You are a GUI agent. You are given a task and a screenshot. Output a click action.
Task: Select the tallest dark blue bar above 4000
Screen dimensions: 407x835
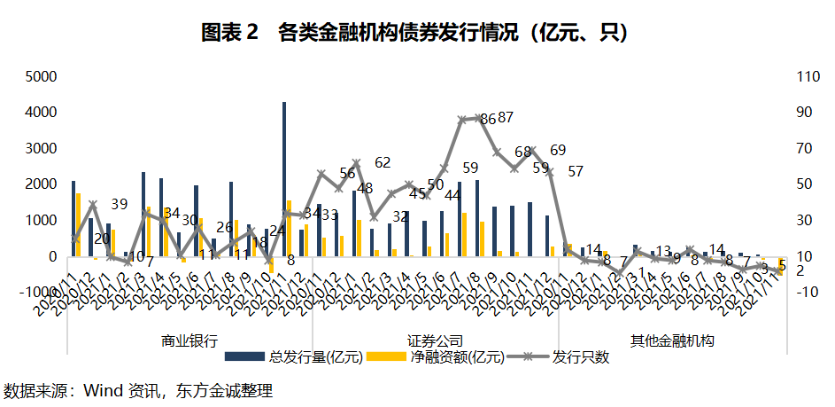pyautogui.click(x=284, y=177)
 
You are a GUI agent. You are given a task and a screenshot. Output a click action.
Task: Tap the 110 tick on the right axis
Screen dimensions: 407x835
pyautogui.click(x=808, y=76)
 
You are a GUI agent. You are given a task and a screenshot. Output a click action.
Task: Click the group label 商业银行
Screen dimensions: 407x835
pyautogui.click(x=189, y=340)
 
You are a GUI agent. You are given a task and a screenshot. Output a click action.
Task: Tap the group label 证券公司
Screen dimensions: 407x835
pyautogui.click(x=436, y=340)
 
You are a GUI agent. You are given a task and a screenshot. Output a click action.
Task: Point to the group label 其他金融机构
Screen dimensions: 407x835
pyautogui.click(x=672, y=340)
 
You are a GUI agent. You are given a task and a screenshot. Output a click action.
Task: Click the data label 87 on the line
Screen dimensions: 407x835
pyautogui.click(x=506, y=117)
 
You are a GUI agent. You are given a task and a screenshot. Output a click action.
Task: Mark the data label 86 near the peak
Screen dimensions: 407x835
pyautogui.click(x=487, y=119)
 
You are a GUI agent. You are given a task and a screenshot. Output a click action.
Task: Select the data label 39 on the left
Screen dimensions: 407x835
pyautogui.click(x=120, y=204)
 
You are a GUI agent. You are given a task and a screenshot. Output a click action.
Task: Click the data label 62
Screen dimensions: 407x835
pyautogui.click(x=383, y=162)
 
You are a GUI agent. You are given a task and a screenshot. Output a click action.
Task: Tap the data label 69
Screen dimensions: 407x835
pyautogui.click(x=558, y=150)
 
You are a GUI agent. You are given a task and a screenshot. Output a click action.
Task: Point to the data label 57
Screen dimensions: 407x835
pyautogui.click(x=576, y=171)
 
